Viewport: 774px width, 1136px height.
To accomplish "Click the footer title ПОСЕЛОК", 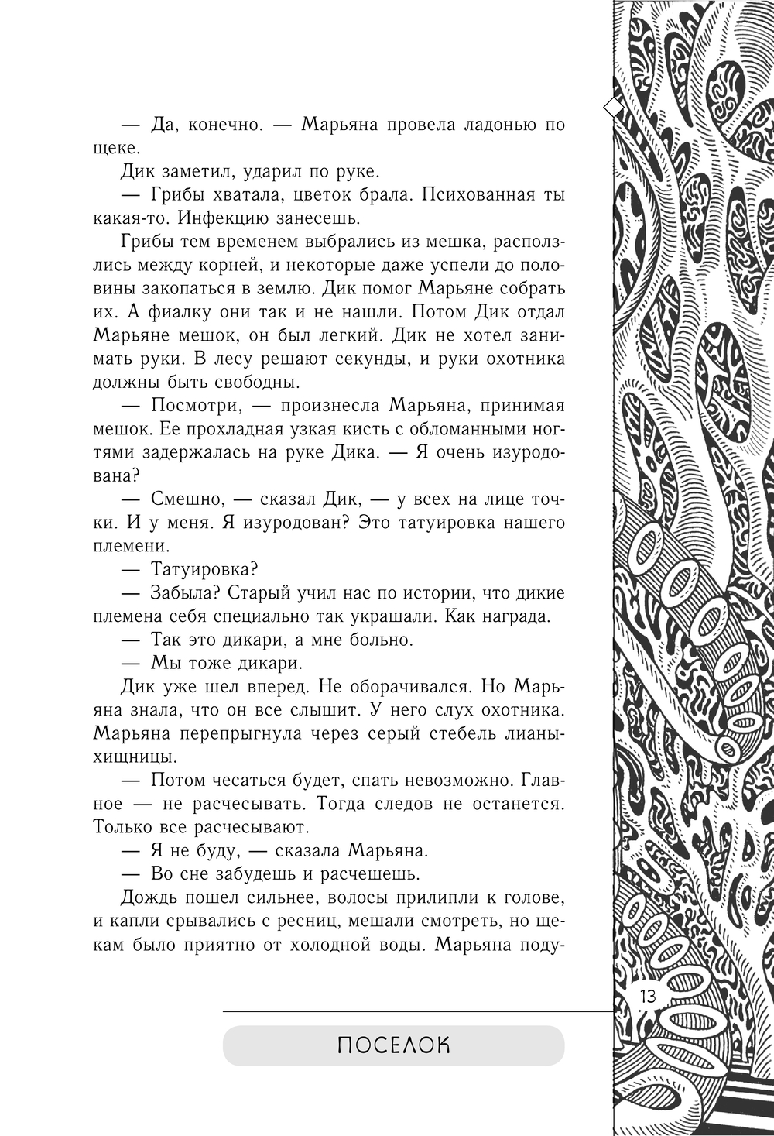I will point(393,1045).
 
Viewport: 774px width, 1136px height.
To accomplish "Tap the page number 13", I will point(648,996).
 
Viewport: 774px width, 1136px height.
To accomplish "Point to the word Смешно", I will point(187,499).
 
